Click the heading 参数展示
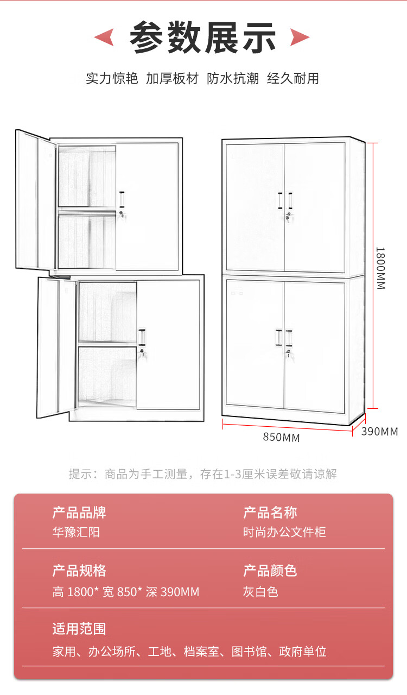coord(203,37)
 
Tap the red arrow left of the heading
coord(104,37)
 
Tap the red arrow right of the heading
coord(300,37)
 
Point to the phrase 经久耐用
coord(293,78)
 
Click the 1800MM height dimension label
coord(380,268)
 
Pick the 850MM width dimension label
coord(281,438)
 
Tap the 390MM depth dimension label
coord(380,432)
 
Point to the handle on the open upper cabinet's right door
coord(123,199)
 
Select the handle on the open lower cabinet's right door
coord(143,337)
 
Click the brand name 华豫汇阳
coord(76,532)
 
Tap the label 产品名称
coord(270,513)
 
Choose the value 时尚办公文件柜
coord(284,532)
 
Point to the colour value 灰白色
coord(260,591)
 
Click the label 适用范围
coord(79,629)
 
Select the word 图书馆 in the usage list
coord(249,652)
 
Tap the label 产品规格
coord(79,571)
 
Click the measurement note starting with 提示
coord(203,474)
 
